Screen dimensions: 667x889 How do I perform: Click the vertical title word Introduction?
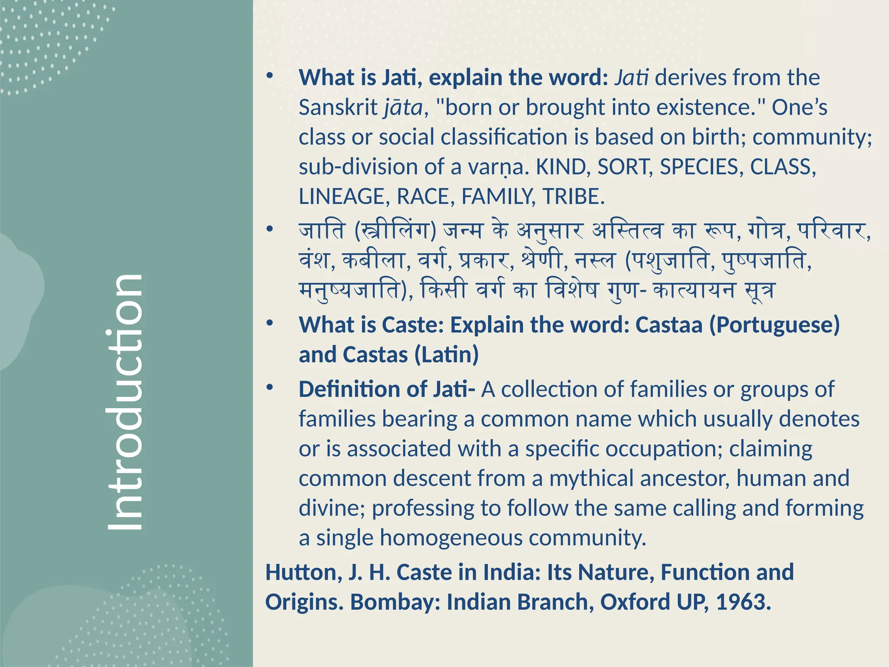coord(125,402)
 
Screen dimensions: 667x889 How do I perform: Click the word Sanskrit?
coord(338,107)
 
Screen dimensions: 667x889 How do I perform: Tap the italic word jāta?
coord(403,107)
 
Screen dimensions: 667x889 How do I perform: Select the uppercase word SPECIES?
coord(699,167)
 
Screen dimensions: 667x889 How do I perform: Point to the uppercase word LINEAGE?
coord(341,197)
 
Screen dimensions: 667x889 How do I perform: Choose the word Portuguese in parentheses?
coord(774,325)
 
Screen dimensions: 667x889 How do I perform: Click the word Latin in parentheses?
coord(446,355)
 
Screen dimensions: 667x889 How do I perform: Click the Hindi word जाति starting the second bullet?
coord(322,230)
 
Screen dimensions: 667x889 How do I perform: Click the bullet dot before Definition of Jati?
coord(270,387)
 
